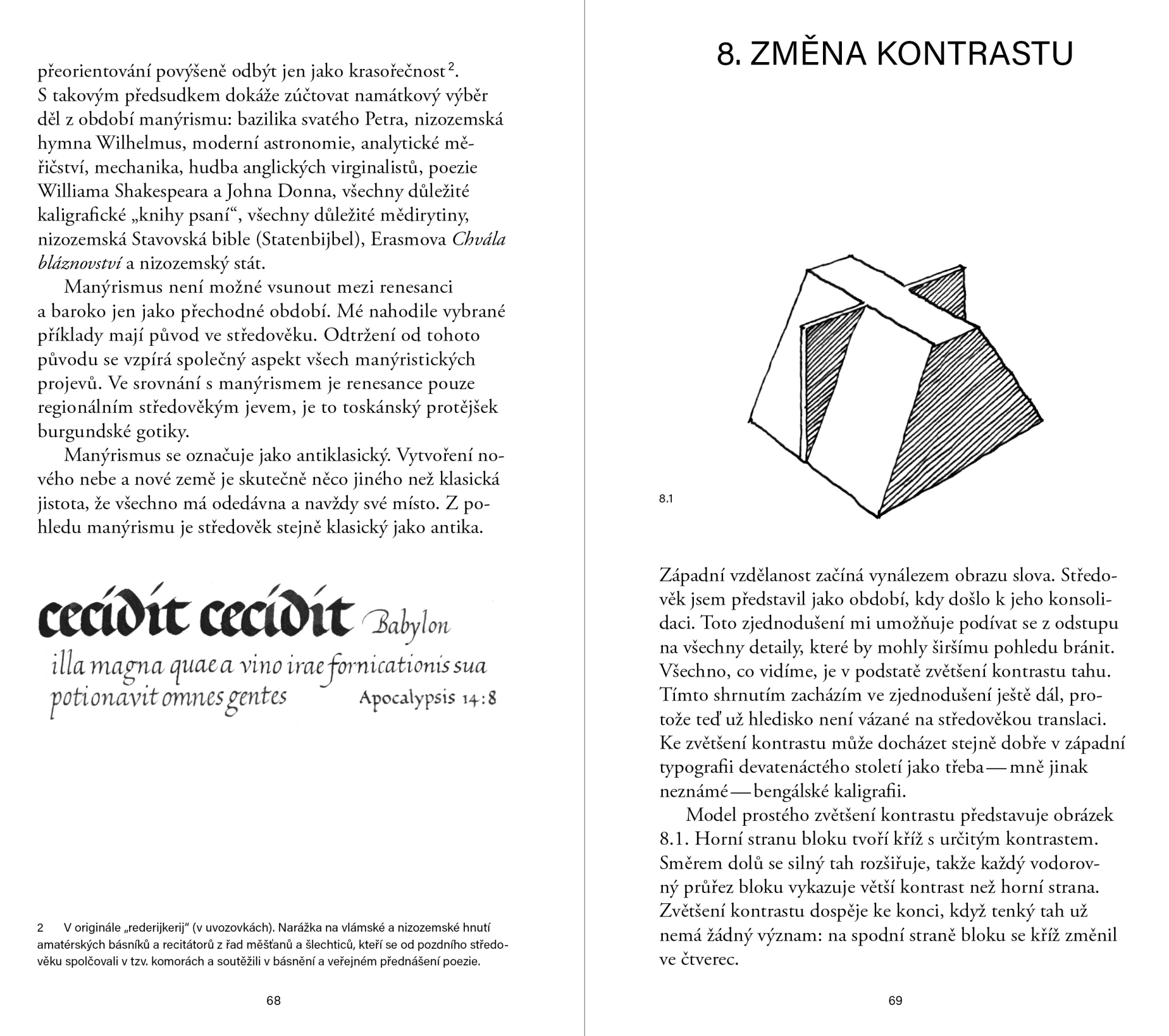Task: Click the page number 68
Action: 274,1001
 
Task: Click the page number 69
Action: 895,1001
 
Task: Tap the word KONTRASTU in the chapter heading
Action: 974,54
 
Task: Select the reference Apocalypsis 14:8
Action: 428,698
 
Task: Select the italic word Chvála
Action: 479,239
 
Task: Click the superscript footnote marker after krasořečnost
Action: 451,66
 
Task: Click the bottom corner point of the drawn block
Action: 878,516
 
